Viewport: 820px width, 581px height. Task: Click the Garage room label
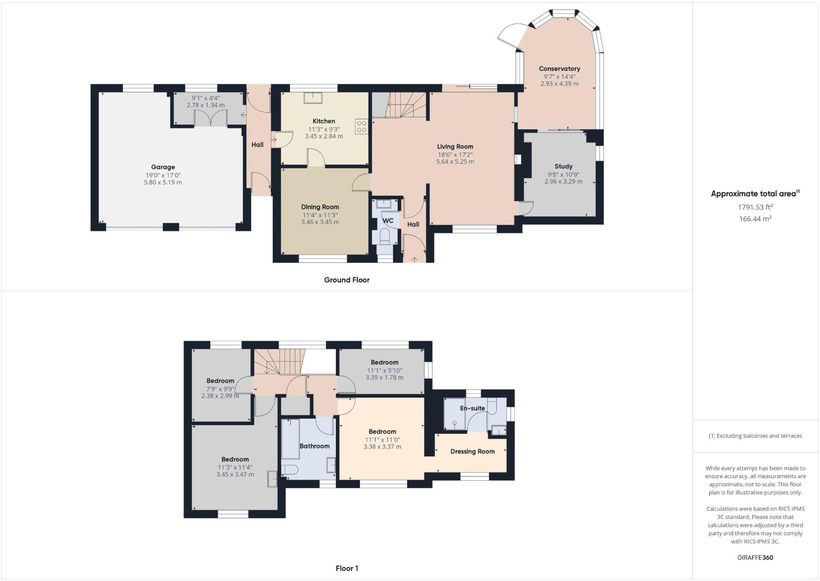[163, 167]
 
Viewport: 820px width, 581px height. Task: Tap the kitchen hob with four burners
[361, 127]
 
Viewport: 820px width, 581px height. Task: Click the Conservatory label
[559, 69]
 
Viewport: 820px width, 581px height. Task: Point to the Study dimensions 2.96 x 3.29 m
[563, 182]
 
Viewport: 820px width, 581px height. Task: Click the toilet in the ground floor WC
[385, 236]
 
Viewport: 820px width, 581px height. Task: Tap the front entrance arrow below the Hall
[414, 259]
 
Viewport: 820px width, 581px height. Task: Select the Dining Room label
[320, 207]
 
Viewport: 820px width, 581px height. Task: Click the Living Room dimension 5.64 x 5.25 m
[455, 162]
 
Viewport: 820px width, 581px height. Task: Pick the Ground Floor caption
[347, 280]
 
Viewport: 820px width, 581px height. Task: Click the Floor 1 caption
[347, 568]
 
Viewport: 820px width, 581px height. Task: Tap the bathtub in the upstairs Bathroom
[290, 439]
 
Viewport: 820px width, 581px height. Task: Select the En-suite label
[472, 408]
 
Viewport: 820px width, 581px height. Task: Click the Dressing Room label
[472, 451]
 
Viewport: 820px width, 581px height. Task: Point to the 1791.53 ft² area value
[755, 207]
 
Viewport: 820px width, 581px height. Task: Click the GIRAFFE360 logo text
[755, 557]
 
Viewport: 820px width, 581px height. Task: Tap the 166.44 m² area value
[755, 219]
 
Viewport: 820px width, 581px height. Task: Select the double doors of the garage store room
[211, 119]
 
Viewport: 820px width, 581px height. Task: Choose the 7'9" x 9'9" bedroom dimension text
[220, 389]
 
